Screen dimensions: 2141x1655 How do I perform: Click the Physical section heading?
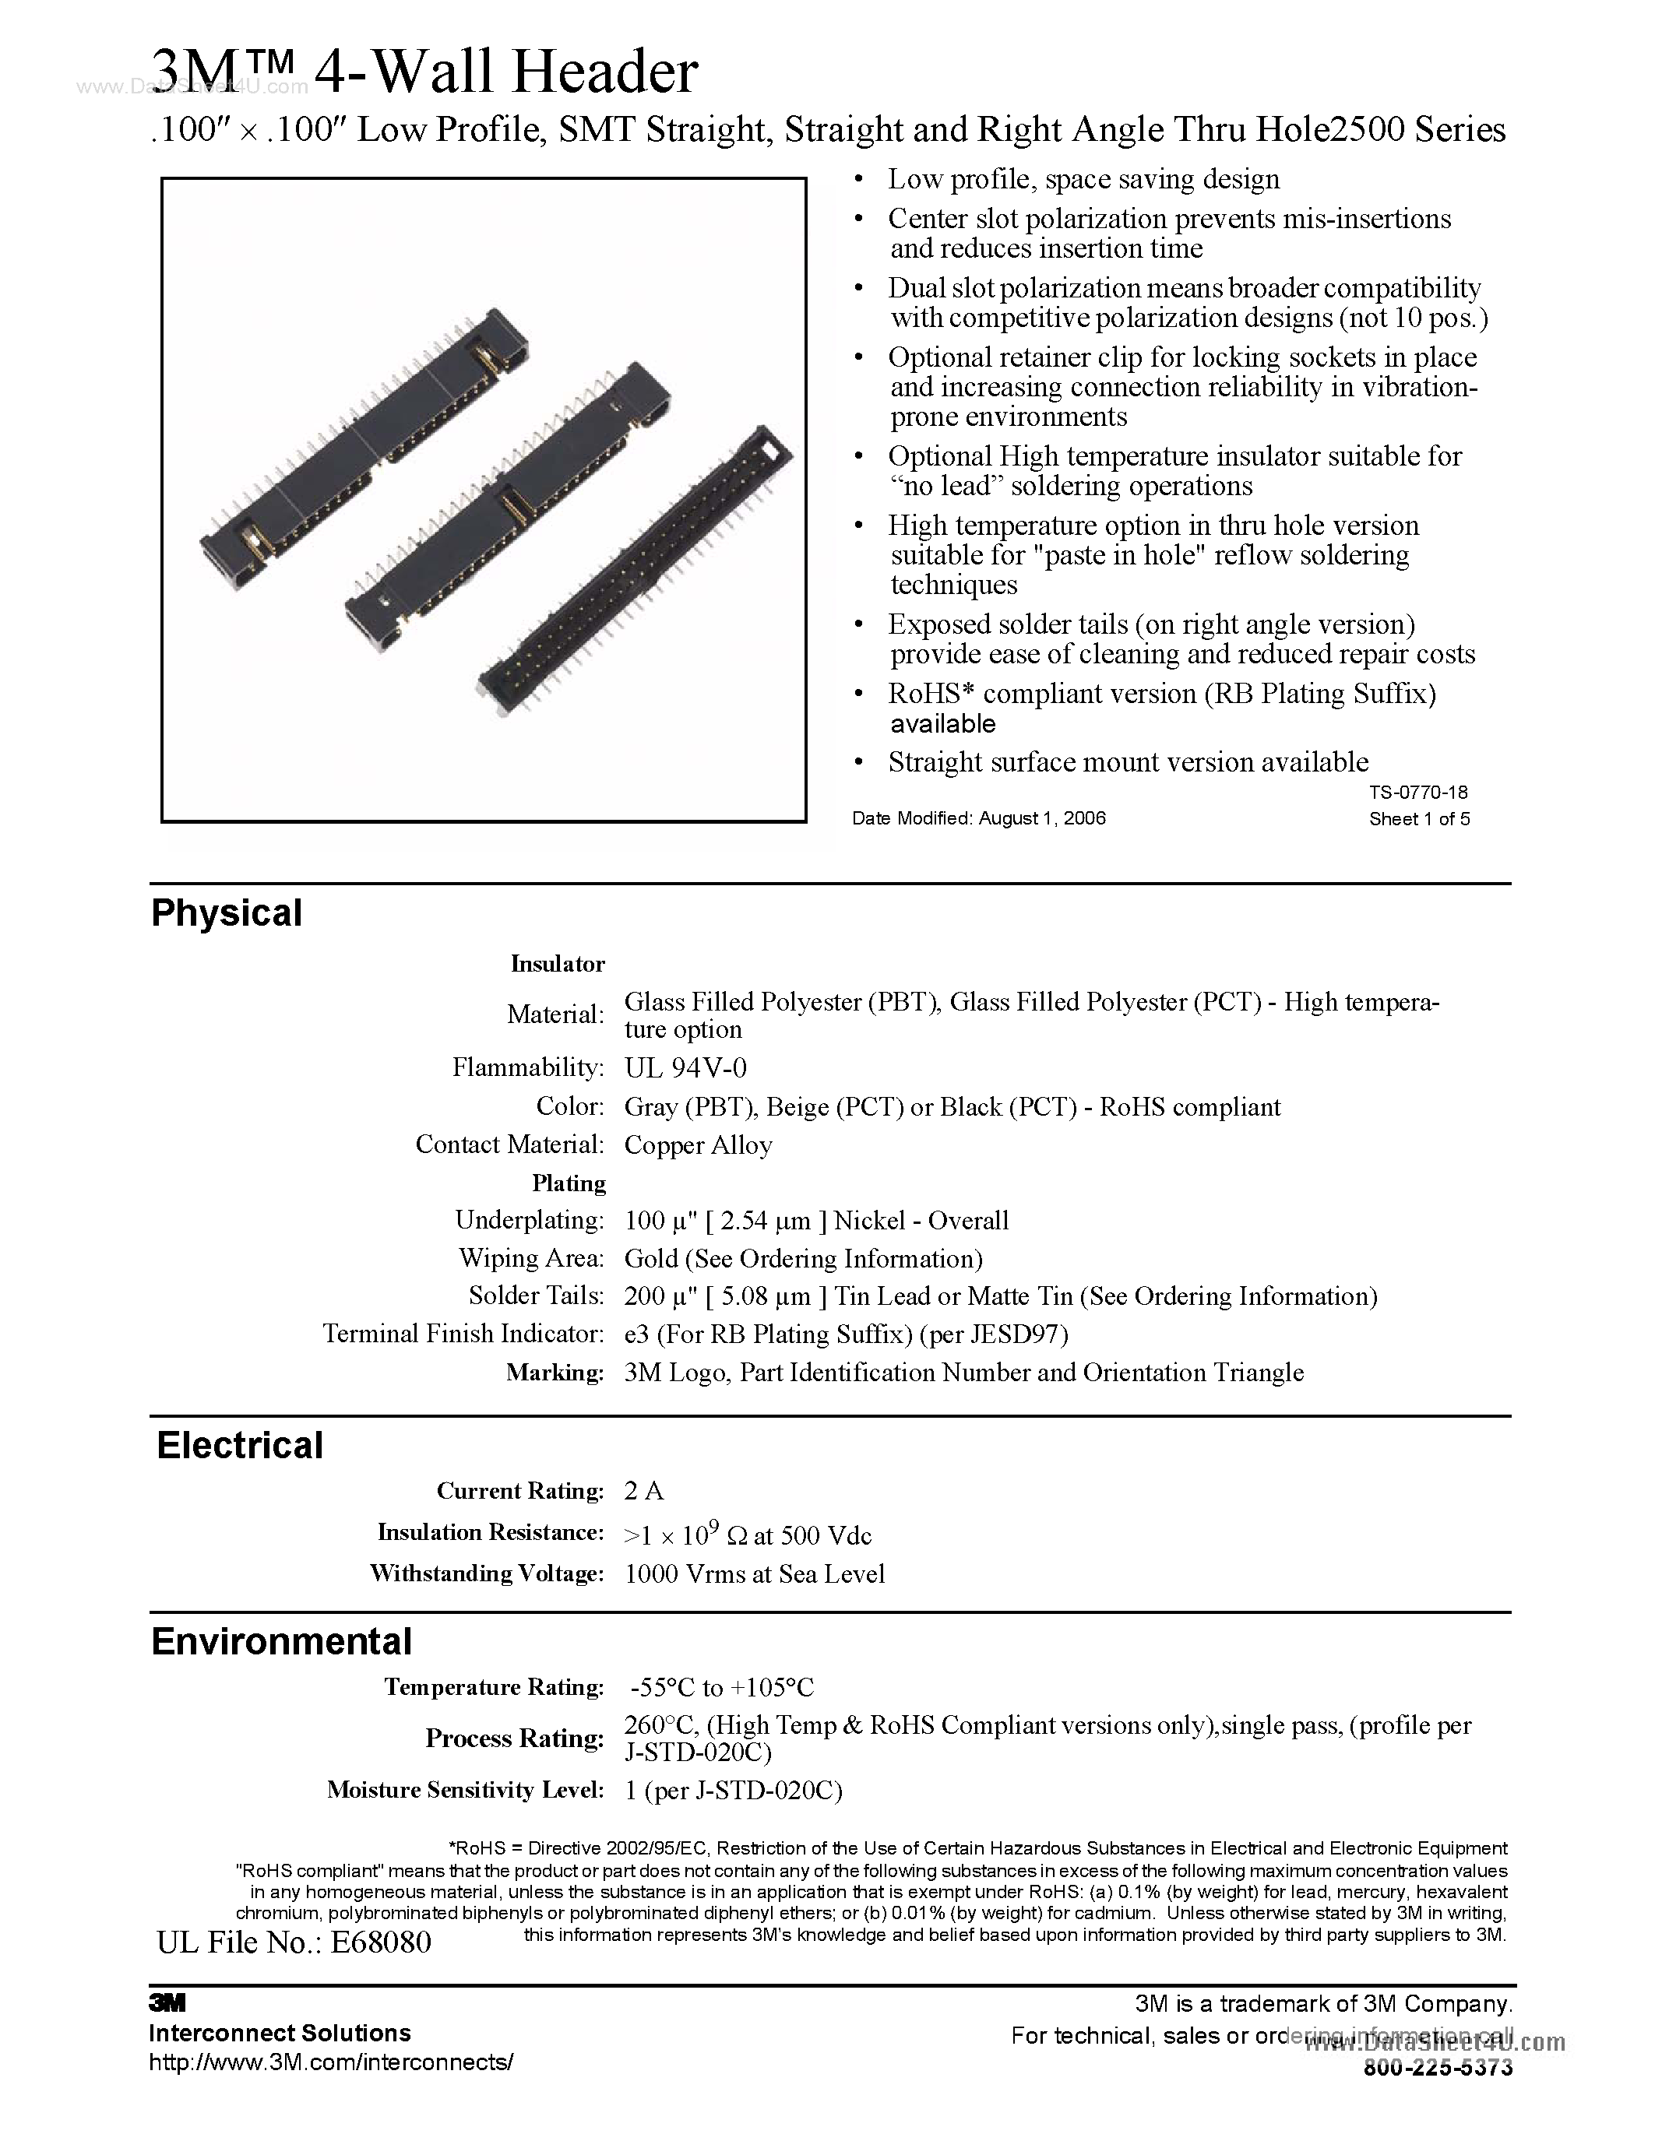pyautogui.click(x=227, y=912)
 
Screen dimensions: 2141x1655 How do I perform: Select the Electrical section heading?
pyautogui.click(x=239, y=1446)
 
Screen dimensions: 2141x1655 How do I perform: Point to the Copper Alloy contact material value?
pyautogui.click(x=698, y=1145)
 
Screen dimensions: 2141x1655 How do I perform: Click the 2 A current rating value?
pyautogui.click(x=644, y=1491)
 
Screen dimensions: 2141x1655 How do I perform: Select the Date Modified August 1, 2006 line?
pyautogui.click(x=978, y=818)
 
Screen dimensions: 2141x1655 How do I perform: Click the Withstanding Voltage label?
pyautogui.click(x=488, y=1573)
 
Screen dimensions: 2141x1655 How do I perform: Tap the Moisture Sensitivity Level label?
pyautogui.click(x=466, y=1790)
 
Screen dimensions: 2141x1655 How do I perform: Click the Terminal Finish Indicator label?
pyautogui.click(x=463, y=1334)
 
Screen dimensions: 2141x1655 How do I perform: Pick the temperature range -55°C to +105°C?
pyautogui.click(x=723, y=1687)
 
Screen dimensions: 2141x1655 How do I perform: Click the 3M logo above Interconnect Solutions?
pyautogui.click(x=167, y=2002)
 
